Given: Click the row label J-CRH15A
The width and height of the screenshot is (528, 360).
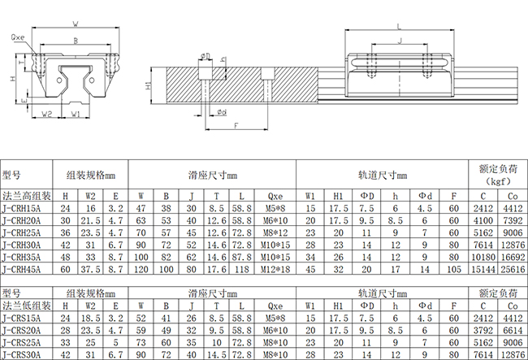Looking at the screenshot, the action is (21, 209).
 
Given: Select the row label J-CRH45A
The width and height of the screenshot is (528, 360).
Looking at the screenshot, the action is (21, 270).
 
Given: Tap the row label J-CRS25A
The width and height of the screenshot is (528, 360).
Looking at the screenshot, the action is (21, 342).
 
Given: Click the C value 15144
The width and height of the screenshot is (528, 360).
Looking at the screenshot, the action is (483, 270).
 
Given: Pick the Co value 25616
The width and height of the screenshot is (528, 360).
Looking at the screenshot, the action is (513, 270).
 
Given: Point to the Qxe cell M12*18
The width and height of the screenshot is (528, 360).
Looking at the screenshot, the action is (275, 270).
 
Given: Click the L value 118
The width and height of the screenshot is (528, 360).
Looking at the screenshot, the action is (242, 270).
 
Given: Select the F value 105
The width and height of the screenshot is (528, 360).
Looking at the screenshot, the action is (454, 270).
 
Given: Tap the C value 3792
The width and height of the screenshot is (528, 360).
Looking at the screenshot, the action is (483, 331).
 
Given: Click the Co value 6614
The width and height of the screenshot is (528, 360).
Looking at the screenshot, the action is (513, 331).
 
